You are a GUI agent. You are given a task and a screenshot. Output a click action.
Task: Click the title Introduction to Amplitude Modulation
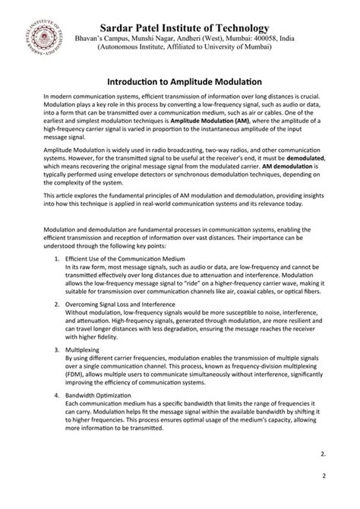coord(180,81)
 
